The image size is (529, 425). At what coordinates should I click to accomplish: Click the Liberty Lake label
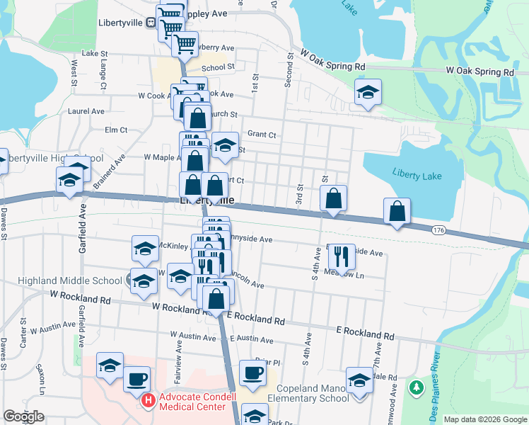(417, 174)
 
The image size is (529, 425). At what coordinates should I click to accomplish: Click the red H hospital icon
(149, 400)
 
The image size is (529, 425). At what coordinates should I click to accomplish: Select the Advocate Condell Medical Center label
(197, 401)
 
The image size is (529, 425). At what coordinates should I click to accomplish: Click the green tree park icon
(417, 388)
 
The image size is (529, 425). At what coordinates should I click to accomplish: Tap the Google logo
(23, 416)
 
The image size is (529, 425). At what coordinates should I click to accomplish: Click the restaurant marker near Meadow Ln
(343, 258)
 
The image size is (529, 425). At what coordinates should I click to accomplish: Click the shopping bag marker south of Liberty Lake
(397, 211)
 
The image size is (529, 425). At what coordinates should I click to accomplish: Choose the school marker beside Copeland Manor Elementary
(359, 380)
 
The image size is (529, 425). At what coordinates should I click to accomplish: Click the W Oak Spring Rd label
(332, 58)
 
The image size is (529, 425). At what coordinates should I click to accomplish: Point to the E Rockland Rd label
(366, 332)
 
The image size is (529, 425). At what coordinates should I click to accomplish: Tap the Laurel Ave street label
(86, 111)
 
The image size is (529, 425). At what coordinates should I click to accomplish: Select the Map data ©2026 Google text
(485, 419)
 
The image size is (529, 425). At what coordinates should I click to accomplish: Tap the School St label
(219, 68)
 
